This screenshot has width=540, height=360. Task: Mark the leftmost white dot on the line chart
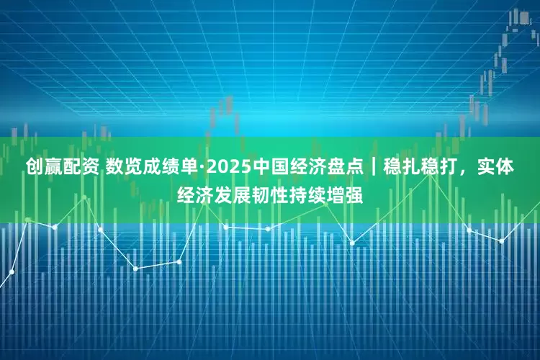pyautogui.click(x=12, y=272)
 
